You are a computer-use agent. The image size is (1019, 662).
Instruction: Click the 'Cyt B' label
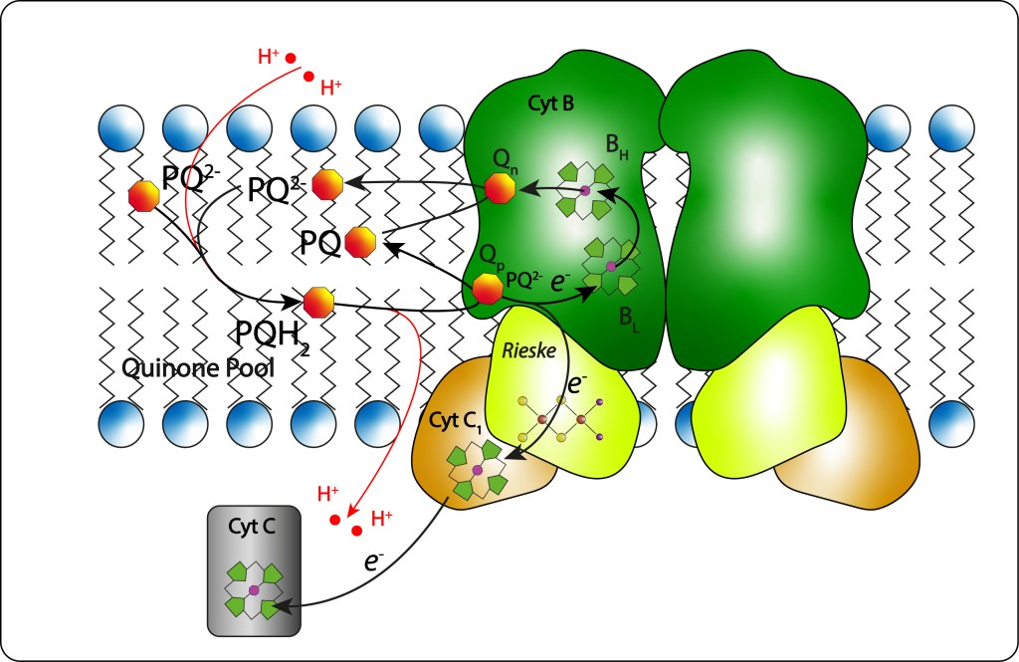pyautogui.click(x=553, y=103)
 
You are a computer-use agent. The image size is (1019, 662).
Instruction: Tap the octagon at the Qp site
pyautogui.click(x=487, y=289)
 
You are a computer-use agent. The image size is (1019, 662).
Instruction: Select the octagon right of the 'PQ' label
pyautogui.click(x=360, y=242)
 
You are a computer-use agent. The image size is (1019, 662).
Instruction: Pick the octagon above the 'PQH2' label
pyautogui.click(x=318, y=301)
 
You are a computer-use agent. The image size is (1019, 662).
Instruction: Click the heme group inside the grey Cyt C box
pyautogui.click(x=254, y=589)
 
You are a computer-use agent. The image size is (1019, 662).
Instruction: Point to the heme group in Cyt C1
pyautogui.click(x=477, y=469)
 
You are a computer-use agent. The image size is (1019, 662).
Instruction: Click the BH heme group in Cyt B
pyautogui.click(x=586, y=190)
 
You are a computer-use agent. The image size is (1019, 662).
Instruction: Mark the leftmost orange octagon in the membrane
pyautogui.click(x=144, y=196)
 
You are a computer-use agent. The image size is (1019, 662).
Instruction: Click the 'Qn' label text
pyautogui.click(x=506, y=159)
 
